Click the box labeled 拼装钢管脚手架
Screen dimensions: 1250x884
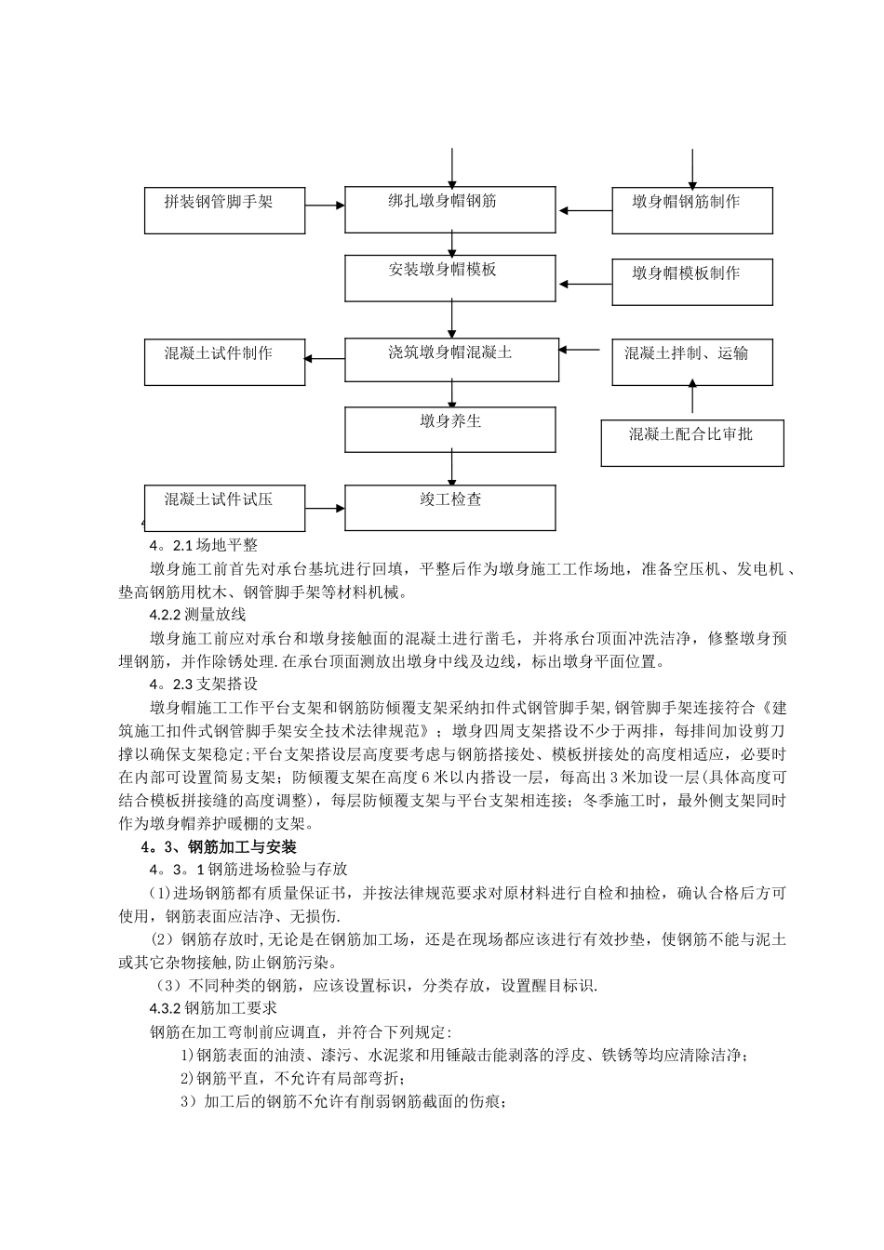tap(224, 210)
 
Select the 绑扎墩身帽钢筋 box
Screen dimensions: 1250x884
tap(451, 210)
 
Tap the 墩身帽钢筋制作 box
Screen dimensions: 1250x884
tap(691, 210)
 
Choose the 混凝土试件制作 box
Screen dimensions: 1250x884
tap(224, 362)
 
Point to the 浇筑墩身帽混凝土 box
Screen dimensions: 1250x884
tap(451, 360)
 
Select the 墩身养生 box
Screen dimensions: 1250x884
tap(451, 429)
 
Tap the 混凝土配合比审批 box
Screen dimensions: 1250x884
tap(691, 443)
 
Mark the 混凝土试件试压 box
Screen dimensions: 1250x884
tap(224, 508)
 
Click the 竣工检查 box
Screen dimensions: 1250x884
tap(451, 508)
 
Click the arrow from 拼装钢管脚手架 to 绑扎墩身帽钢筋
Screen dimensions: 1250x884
tap(325, 206)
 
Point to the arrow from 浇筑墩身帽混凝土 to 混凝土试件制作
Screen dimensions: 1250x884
tap(325, 359)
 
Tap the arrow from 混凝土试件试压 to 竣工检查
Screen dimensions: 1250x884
tap(325, 508)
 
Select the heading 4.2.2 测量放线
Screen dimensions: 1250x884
tap(197, 614)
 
